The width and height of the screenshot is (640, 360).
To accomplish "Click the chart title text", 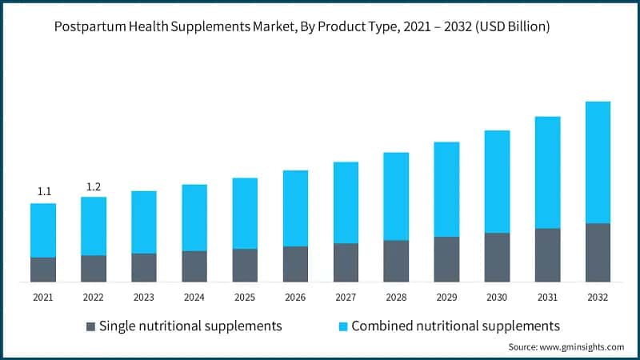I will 302,27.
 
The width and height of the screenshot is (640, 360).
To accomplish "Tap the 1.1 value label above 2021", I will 44,191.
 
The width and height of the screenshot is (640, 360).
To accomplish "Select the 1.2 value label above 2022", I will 94,186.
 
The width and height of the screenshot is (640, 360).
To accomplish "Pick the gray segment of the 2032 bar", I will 598,253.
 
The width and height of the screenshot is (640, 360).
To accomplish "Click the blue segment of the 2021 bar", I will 43,230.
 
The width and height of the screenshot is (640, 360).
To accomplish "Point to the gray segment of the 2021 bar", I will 43,270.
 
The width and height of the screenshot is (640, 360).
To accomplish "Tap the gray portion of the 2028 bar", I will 396,261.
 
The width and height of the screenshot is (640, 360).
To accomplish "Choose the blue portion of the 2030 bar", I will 497,182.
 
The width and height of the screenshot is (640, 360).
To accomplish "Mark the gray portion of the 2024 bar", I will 194,266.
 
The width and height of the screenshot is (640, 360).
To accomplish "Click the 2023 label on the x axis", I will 144,298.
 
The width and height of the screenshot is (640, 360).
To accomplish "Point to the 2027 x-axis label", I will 346,298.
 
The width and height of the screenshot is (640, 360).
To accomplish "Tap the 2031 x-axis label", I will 547,298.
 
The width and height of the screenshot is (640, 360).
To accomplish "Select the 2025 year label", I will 245,298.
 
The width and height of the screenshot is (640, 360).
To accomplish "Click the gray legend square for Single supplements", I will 91,326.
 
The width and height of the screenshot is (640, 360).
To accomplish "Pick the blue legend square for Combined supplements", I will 342,326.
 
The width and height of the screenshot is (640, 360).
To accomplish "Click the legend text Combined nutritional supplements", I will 455,326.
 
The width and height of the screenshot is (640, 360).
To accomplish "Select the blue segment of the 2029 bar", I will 446,190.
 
